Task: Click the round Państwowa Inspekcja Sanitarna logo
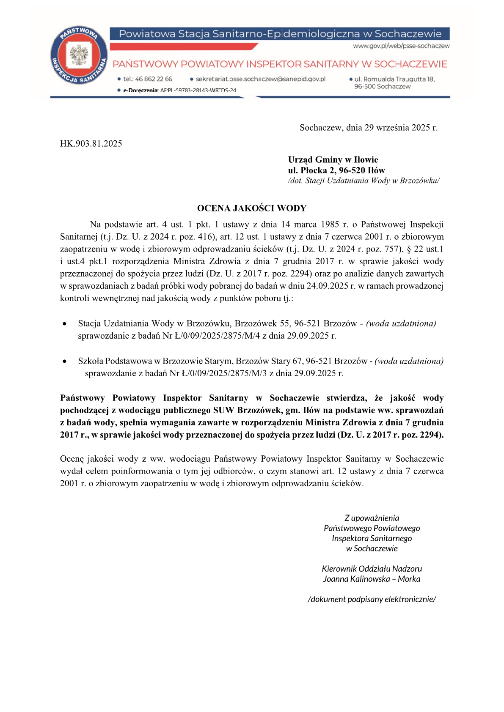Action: [x=79, y=55]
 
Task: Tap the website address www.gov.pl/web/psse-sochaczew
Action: [x=401, y=46]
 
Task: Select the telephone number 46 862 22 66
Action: [x=154, y=79]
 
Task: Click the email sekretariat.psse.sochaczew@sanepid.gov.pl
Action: [x=260, y=79]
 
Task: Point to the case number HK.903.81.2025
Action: [x=91, y=144]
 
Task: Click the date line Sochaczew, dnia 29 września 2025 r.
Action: [x=368, y=128]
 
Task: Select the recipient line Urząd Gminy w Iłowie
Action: [x=333, y=160]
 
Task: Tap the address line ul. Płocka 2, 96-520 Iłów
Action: [x=336, y=170]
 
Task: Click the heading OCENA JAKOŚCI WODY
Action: [x=252, y=208]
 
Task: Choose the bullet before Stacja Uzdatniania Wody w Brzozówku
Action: [x=64, y=324]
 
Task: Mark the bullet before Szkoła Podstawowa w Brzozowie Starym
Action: [x=64, y=361]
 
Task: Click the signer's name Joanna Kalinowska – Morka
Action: [x=372, y=579]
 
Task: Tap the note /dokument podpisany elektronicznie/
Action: [x=372, y=600]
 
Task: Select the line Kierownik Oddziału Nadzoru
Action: [x=372, y=569]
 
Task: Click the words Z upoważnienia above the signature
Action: [x=372, y=518]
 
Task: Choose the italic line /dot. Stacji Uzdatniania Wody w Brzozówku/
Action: [x=364, y=181]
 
